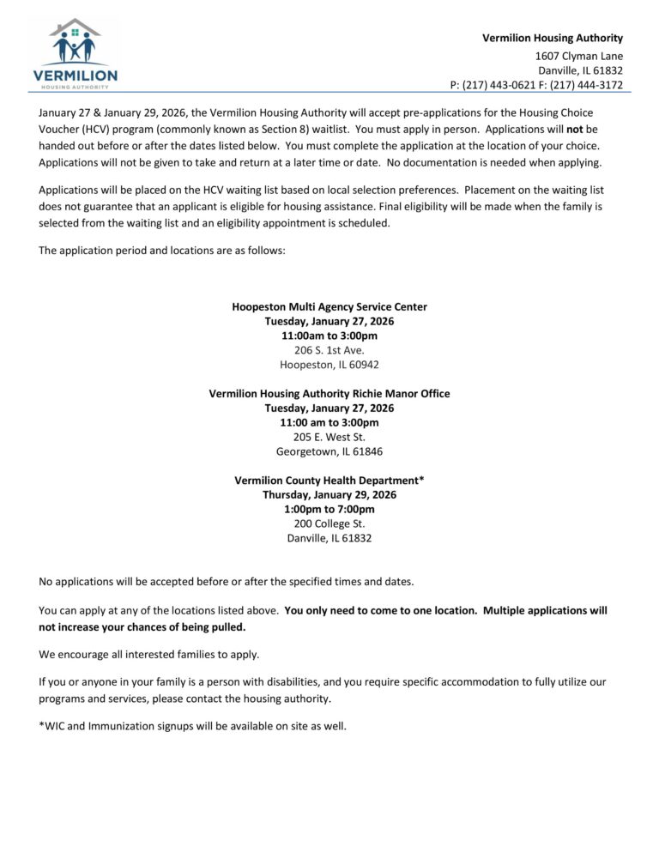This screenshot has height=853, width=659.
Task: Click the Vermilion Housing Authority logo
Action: [76, 53]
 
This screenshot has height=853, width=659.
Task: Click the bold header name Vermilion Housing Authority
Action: [552, 38]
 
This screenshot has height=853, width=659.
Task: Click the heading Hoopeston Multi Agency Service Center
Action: [329, 306]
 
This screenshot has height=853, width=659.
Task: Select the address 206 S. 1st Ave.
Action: [329, 350]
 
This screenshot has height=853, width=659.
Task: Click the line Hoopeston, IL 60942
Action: [329, 365]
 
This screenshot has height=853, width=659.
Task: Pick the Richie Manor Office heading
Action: [329, 394]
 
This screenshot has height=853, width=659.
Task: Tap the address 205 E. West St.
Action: [329, 437]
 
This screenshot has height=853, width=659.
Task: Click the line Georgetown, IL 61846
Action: [329, 451]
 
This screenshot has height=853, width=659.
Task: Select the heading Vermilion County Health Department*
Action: [329, 481]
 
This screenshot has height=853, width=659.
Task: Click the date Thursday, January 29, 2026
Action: [329, 495]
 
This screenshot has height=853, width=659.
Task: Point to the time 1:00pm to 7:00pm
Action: [329, 510]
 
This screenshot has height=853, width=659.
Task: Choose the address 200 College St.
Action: [329, 523]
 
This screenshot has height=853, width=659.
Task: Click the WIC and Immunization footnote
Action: [193, 726]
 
